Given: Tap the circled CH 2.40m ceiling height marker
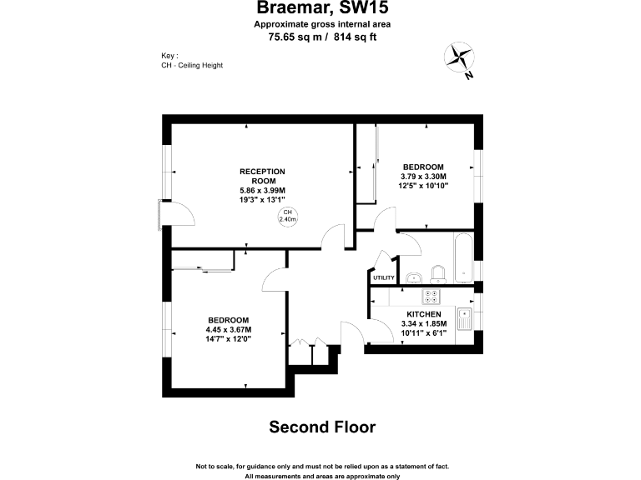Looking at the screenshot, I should pyautogui.click(x=288, y=216).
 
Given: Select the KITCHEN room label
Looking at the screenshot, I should pyautogui.click(x=424, y=314).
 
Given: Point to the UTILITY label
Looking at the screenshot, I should pyautogui.click(x=384, y=277).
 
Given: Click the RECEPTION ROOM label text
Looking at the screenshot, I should pyautogui.click(x=263, y=176).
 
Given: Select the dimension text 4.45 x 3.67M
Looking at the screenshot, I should pyautogui.click(x=228, y=330).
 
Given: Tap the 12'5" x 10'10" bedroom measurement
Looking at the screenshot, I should pyautogui.click(x=424, y=186).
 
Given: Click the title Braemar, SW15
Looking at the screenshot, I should pyautogui.click(x=322, y=9).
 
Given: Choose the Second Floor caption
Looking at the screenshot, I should pyautogui.click(x=322, y=427).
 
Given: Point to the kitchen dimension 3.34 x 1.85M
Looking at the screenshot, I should pyautogui.click(x=424, y=323).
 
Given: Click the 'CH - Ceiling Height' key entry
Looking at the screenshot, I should pyautogui.click(x=192, y=65).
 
